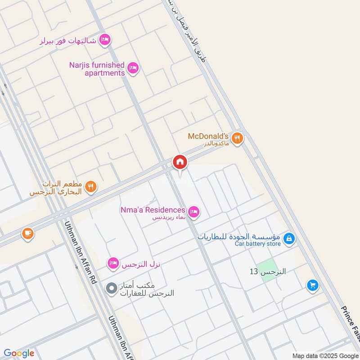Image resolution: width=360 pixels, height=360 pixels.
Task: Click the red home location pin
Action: click(180, 162)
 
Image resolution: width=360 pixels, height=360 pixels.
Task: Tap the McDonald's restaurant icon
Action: click(238, 138)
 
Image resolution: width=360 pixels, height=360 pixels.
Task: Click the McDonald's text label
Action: click(209, 135)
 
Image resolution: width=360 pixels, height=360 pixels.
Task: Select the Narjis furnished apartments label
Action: click(97, 69)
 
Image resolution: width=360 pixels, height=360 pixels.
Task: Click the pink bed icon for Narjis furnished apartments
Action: click(133, 68)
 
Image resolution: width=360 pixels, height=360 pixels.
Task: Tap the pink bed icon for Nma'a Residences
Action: click(193, 211)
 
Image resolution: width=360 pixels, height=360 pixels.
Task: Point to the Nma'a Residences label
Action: click(153, 210)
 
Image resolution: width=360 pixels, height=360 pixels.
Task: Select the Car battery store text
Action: click(258, 244)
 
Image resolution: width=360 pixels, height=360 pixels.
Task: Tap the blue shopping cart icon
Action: click(312, 285)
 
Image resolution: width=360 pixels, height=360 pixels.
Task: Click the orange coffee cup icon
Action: click(27, 233)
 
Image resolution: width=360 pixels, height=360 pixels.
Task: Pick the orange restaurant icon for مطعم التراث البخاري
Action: click(91, 187)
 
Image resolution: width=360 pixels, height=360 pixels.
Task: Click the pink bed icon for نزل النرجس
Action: click(113, 262)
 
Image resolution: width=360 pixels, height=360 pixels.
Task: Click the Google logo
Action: click(19, 353)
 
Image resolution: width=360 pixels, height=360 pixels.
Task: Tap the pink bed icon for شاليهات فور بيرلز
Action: click(104, 40)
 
